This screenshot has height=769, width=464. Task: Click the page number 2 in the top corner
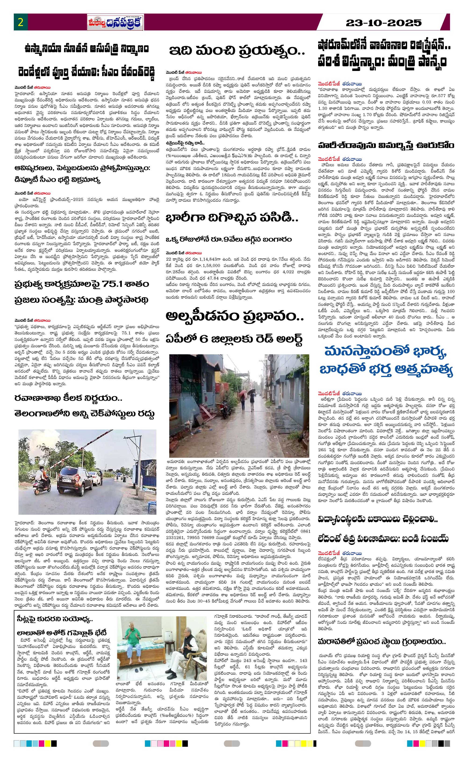(x=21, y=23)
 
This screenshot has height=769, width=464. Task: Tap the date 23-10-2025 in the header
(x=384, y=23)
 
